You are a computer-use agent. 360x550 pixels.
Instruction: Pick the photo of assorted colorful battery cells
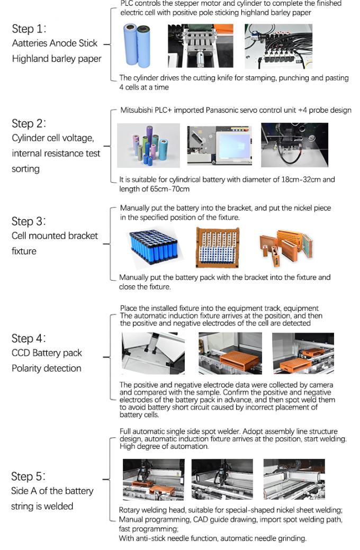[x=149, y=146]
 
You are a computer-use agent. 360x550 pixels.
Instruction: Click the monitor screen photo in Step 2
[x=218, y=145]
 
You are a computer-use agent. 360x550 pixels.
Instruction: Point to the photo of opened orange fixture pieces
[x=286, y=247]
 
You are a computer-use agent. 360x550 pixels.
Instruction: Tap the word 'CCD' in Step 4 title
[x=22, y=353]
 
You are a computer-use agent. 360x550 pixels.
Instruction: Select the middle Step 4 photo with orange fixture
[x=230, y=354]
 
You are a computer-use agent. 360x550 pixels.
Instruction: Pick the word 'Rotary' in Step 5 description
[x=130, y=510]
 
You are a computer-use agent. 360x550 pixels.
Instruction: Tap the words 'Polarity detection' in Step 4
[x=47, y=368]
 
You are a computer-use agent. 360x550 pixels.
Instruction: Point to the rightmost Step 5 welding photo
[x=294, y=479]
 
